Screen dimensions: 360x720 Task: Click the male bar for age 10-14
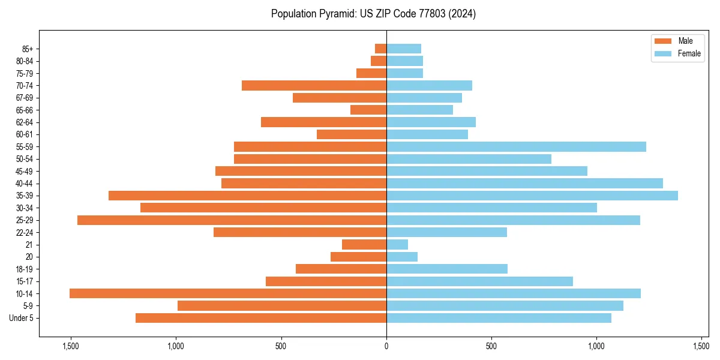228,293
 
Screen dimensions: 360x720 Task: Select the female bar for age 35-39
532,196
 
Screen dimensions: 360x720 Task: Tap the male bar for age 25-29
232,220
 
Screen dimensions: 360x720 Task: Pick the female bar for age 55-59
516,146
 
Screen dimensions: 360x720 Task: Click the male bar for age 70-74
314,85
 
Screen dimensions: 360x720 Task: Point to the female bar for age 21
397,245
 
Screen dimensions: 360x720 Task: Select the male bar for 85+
380,49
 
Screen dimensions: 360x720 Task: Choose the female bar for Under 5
499,318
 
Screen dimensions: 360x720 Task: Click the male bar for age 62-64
323,122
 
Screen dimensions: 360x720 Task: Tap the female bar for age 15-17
479,281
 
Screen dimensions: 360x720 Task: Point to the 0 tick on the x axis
386,346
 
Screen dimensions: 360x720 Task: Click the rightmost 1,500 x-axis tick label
701,346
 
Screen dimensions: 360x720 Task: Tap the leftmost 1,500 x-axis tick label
71,346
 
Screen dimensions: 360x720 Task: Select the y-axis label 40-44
25,184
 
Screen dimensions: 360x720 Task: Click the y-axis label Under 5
22,318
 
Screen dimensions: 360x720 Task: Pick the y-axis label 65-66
25,110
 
